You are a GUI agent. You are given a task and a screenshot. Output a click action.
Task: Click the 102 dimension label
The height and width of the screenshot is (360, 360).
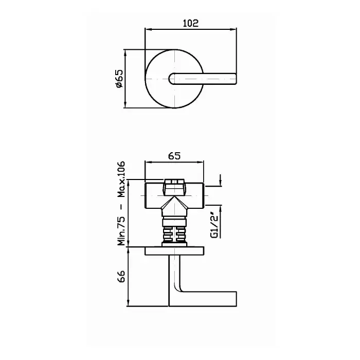pos(191,23)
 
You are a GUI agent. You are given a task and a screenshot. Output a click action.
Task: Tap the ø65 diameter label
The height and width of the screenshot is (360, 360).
pos(120,79)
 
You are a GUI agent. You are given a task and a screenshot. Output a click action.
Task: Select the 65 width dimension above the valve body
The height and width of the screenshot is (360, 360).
pos(174,156)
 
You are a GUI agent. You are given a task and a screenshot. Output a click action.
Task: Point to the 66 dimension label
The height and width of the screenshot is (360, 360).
pos(121,276)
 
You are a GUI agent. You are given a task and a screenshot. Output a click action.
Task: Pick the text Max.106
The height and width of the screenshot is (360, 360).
pos(121,179)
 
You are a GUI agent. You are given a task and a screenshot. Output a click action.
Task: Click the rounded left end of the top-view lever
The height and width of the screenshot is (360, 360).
pos(170,79)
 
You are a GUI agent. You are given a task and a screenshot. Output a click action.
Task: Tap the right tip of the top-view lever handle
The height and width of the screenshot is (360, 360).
pos(236,79)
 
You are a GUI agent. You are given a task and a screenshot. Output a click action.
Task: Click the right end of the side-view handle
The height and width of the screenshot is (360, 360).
pos(236,299)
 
